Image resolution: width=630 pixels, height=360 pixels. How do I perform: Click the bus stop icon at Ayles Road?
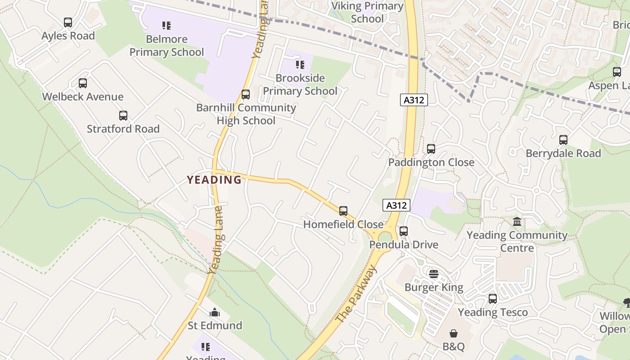(x=68, y=22)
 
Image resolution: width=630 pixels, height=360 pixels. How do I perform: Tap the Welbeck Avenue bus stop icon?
(x=82, y=83)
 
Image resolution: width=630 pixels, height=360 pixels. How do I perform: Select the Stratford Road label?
(x=123, y=129)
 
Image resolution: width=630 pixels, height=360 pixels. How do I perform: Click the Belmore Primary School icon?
(x=166, y=26)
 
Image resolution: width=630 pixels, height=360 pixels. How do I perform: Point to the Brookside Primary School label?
(x=300, y=85)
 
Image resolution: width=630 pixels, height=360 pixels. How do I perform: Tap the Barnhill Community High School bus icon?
(x=245, y=94)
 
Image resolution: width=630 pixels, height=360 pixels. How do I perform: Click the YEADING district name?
(x=214, y=180)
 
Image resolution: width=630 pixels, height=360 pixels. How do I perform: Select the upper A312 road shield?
(x=414, y=100)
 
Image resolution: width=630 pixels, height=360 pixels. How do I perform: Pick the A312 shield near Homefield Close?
(x=396, y=206)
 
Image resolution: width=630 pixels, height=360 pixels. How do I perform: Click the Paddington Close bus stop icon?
(x=431, y=149)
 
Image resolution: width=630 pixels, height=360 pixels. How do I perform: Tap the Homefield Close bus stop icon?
(x=343, y=211)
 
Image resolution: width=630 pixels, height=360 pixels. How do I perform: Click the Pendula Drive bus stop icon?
(x=404, y=231)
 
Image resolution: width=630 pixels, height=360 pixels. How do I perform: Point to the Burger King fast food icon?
(x=434, y=274)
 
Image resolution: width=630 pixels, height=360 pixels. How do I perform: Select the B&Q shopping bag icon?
(x=454, y=333)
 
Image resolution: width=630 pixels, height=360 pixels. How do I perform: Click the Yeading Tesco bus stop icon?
(x=493, y=299)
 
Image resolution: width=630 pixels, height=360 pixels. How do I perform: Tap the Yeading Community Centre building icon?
(x=517, y=222)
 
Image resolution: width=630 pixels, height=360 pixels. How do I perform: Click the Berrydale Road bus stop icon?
(x=563, y=140)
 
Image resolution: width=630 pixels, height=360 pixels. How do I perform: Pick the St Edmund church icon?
(x=215, y=312)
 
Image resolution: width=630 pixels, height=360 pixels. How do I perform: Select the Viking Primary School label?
(x=367, y=12)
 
